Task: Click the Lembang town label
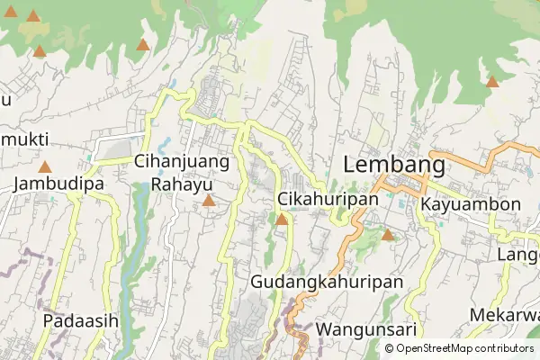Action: pyautogui.click(x=394, y=166)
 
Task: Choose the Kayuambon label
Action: pyautogui.click(x=470, y=204)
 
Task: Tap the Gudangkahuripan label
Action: pyautogui.click(x=326, y=282)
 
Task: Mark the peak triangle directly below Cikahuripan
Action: pyautogui.click(x=282, y=220)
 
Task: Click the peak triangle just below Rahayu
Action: pyautogui.click(x=209, y=201)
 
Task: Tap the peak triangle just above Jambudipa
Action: pyautogui.click(x=45, y=166)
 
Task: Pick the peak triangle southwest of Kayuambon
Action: pyautogui.click(x=388, y=236)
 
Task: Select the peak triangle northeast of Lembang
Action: pyautogui.click(x=491, y=82)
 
